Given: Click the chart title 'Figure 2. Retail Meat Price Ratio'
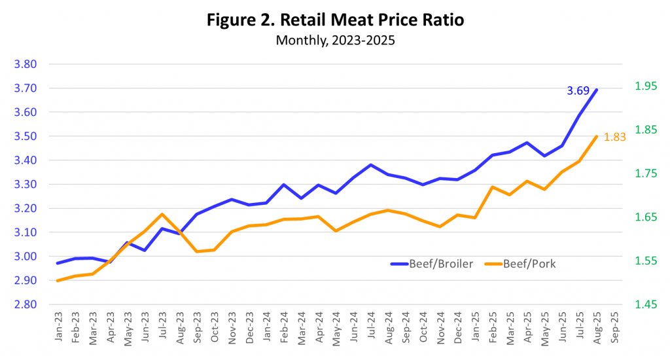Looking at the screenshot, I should (x=335, y=20).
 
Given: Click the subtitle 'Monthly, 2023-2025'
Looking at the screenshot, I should (x=335, y=40).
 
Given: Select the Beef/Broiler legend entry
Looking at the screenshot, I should (x=432, y=264).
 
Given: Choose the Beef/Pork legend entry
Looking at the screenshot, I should (x=521, y=264).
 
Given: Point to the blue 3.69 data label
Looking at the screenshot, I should (x=578, y=91).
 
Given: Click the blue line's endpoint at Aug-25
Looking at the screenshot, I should (x=597, y=90).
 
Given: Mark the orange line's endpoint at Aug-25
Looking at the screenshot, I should (x=597, y=136).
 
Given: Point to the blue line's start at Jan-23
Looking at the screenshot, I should (x=58, y=263).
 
